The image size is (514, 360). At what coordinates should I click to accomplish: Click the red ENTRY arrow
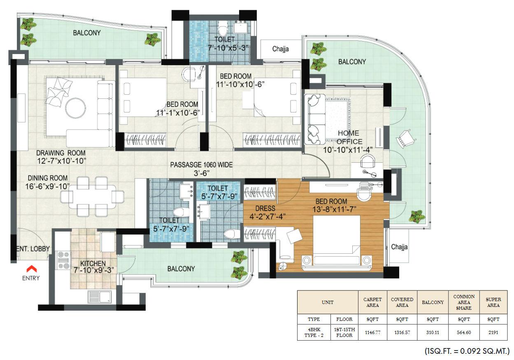click(31, 269)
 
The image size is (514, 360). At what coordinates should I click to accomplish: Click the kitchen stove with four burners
click(63, 260)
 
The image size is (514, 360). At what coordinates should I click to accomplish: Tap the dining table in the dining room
click(92, 196)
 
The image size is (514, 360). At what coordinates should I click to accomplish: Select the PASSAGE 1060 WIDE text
click(202, 165)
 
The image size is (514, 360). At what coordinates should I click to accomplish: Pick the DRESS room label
click(265, 208)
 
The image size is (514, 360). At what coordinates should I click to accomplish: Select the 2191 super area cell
click(493, 332)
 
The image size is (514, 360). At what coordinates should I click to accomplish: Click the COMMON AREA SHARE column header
click(464, 302)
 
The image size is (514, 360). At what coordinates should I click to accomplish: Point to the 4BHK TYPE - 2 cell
click(314, 332)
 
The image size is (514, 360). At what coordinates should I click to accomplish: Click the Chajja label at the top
click(280, 49)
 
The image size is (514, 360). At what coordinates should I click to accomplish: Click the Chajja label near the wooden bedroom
click(399, 247)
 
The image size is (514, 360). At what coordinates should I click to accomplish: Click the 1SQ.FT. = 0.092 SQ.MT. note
click(467, 352)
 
